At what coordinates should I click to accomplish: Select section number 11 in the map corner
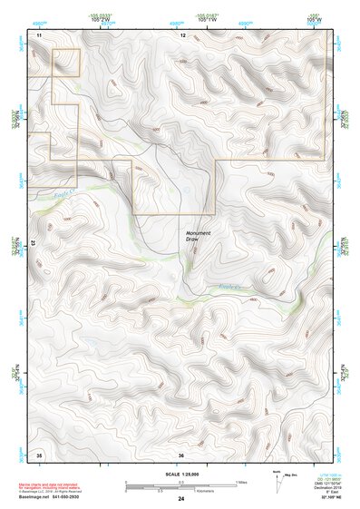39,34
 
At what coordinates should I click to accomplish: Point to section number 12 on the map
182,34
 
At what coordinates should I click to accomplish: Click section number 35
39,453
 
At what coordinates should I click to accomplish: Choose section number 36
181,454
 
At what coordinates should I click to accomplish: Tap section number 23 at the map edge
33,243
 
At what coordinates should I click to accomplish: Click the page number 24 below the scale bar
181,499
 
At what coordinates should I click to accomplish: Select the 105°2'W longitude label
107,21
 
